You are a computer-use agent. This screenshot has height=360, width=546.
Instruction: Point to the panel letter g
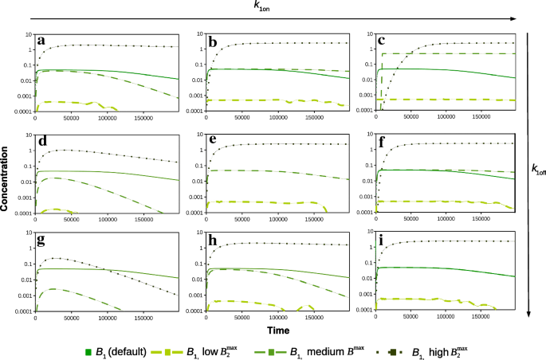coord(43,237)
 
